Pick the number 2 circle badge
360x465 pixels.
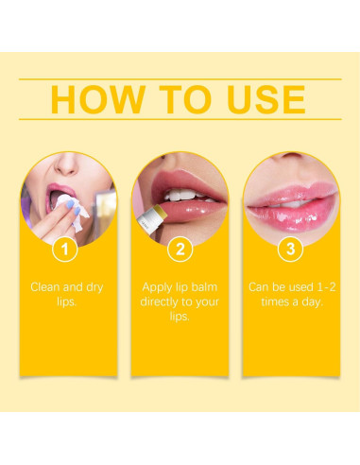(x=180, y=250)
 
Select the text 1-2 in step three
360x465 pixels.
(x=323, y=286)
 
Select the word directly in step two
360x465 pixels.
(x=166, y=301)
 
